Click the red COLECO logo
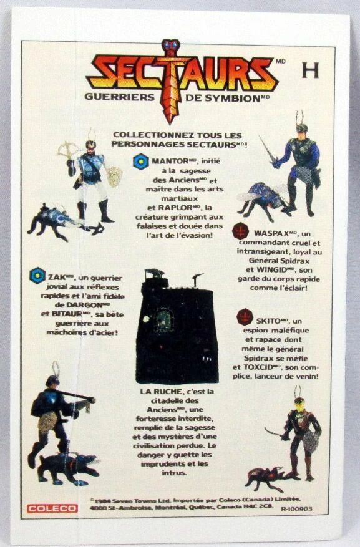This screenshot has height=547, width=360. tap(52, 508)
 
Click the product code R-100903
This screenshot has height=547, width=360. tap(296, 508)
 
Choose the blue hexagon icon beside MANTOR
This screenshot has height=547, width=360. tap(141, 162)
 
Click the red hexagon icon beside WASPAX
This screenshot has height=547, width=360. tap(240, 231)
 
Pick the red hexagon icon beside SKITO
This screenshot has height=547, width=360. tap(245, 317)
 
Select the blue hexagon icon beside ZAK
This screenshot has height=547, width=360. tap(37, 276)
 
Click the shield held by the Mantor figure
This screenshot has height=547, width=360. tap(114, 177)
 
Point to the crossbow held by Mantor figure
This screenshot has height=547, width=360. tap(69, 150)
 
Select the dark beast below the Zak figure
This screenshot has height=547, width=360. tap(69, 468)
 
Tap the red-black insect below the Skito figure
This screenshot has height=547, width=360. tap(269, 478)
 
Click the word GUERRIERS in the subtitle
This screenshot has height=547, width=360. tap(119, 97)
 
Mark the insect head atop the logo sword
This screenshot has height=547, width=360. tap(170, 47)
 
